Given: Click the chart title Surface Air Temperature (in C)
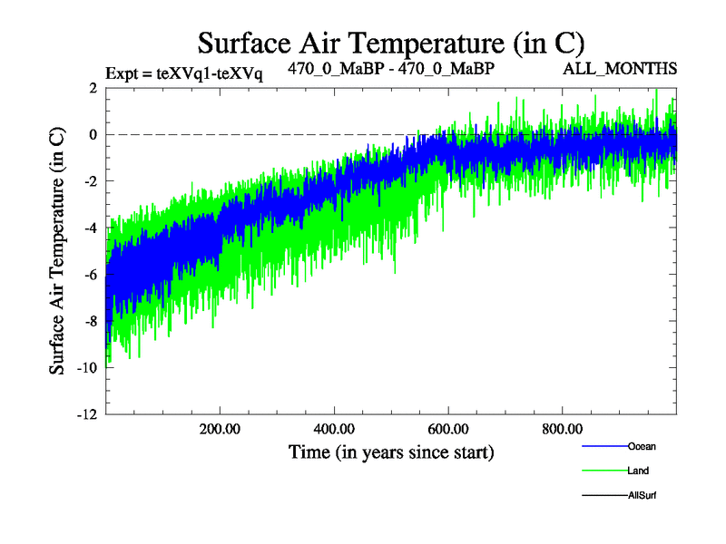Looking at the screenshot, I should (x=391, y=42).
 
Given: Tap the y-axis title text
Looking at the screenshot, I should (x=56, y=251).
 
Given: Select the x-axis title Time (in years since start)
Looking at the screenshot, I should (x=391, y=451).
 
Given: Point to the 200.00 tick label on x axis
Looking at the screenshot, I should (x=220, y=429).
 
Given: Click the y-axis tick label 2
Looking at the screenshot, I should (x=93, y=88).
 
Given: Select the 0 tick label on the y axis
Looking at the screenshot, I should (x=93, y=134).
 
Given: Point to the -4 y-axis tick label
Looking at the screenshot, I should (x=91, y=228).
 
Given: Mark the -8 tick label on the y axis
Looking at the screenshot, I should (x=91, y=321).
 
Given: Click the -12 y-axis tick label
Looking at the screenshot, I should (x=88, y=414).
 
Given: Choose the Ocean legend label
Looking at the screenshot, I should (x=642, y=446).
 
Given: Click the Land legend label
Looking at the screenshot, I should (x=639, y=471).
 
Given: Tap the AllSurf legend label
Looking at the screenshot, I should (x=643, y=495).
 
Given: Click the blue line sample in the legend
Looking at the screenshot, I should (x=603, y=446).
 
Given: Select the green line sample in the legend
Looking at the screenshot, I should (x=603, y=471).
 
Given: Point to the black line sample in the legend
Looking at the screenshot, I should (x=603, y=495).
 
